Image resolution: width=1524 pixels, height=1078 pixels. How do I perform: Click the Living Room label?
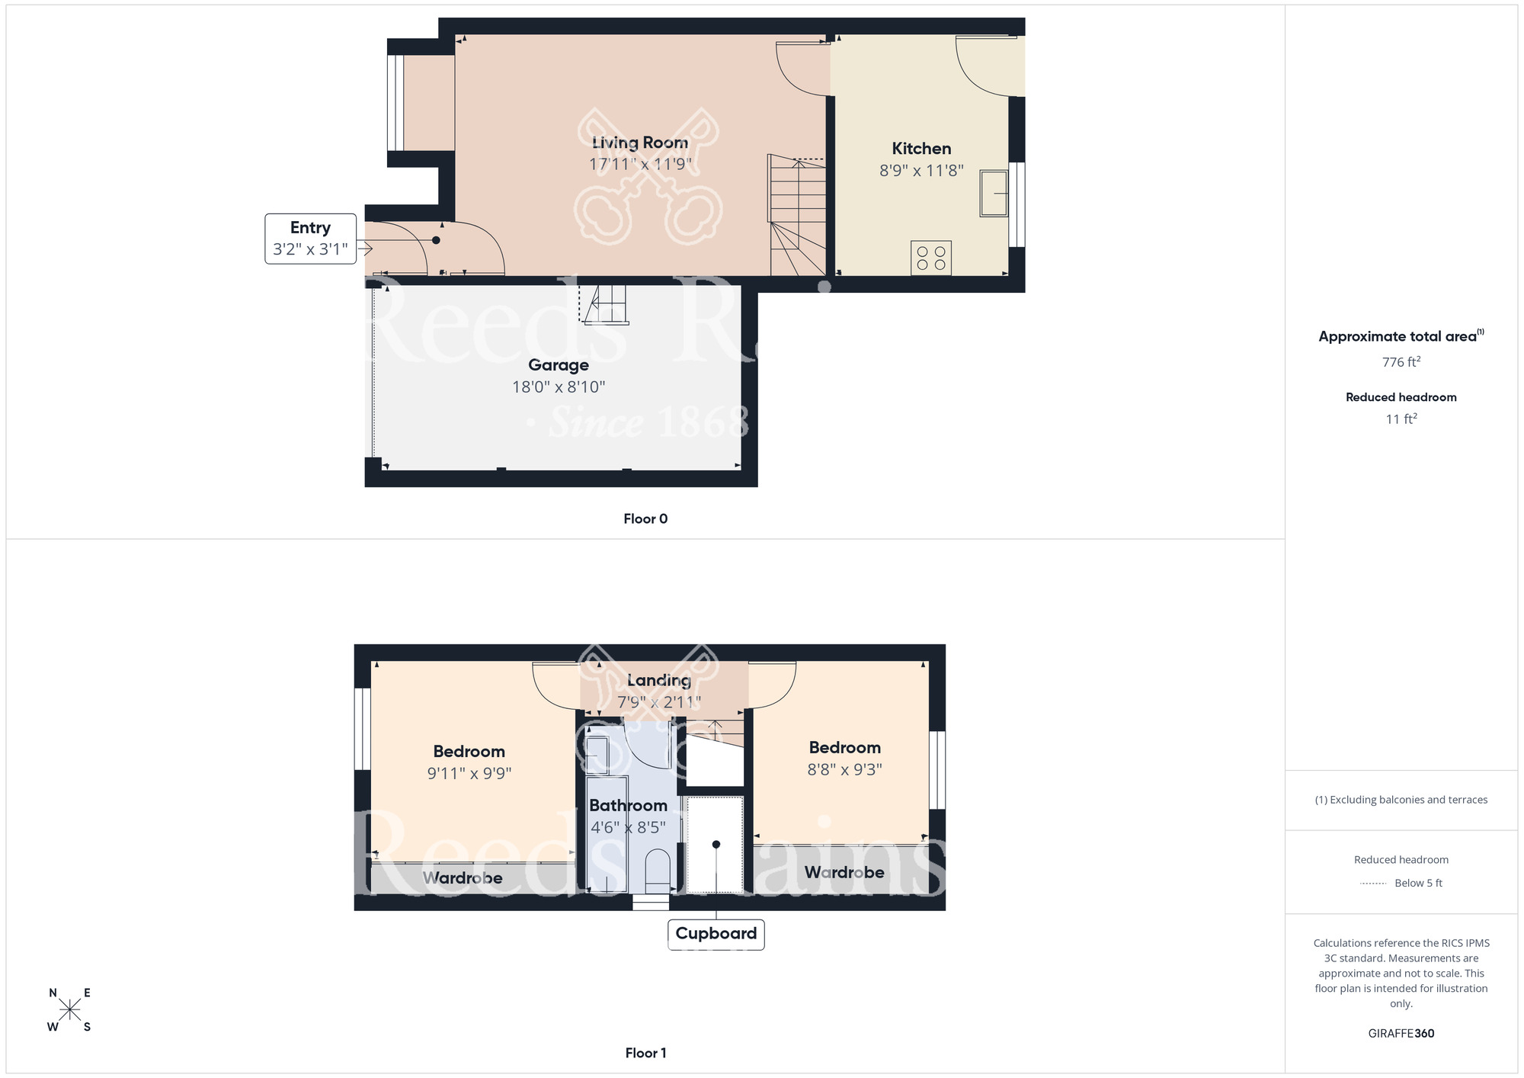tap(639, 143)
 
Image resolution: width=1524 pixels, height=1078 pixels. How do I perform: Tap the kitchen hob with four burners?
tap(930, 258)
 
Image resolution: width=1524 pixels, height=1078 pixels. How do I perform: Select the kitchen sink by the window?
tap(993, 193)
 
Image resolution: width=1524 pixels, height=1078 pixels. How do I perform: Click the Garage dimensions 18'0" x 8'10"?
tap(558, 387)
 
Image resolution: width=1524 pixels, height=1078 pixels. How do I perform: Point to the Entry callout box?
tap(310, 239)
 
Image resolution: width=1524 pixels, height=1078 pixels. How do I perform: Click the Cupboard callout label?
tap(716, 934)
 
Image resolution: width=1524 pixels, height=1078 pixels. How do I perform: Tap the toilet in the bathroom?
tap(657, 871)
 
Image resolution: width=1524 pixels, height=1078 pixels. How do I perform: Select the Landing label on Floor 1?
tap(658, 680)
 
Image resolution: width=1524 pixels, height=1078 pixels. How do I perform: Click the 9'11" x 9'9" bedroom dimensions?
tap(469, 774)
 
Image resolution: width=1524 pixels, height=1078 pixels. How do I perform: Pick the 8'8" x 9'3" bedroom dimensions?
tap(844, 770)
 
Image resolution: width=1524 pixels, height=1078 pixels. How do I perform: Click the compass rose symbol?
tap(69, 1010)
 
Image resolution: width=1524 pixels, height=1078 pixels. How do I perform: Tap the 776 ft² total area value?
tap(1401, 362)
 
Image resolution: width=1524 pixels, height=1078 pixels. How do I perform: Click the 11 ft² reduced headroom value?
tap(1401, 419)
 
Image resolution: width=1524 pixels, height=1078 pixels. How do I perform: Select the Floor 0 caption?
tap(645, 519)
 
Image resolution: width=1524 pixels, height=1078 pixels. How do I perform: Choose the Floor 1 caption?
tap(645, 1053)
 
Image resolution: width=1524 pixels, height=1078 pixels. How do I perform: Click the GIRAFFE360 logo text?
tap(1401, 1034)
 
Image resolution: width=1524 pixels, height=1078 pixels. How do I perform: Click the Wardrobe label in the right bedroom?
tap(844, 872)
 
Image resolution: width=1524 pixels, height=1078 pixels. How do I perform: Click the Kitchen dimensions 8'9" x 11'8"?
tap(921, 171)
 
